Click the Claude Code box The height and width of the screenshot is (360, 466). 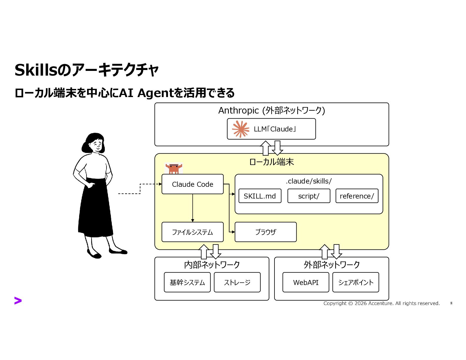pos(192,184)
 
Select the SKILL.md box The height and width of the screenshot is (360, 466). pos(260,196)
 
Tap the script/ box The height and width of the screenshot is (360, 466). pos(309,196)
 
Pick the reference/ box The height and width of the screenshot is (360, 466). pos(357,196)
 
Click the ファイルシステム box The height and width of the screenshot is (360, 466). pos(192,232)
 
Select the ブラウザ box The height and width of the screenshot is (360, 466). pos(265,232)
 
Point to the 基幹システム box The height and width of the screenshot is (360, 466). pos(187,282)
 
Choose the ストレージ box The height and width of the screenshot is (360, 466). pos(237,282)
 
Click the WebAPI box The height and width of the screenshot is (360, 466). pos(306,282)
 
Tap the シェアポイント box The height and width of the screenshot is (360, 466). pos(355,282)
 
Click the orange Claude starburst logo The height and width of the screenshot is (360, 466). pos(241,129)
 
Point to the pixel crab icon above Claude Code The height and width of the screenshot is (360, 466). pos(173,168)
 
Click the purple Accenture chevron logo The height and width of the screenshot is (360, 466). pos(18,301)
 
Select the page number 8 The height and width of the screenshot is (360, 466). pos(451,303)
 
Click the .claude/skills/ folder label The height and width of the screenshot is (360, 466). pos(309,181)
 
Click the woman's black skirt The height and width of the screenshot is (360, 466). pos(96,209)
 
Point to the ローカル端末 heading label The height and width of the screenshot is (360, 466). pos(272,162)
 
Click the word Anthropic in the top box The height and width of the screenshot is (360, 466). pos(238,111)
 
